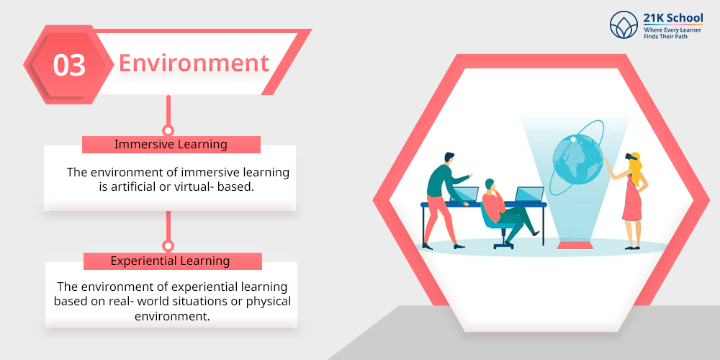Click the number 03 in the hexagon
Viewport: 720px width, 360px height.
pyautogui.click(x=69, y=66)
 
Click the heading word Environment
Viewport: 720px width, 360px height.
pyautogui.click(x=194, y=63)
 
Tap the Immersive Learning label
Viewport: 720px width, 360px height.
pyautogui.click(x=171, y=144)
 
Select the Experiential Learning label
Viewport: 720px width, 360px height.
pyautogui.click(x=171, y=261)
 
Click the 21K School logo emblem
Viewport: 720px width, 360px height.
pyautogui.click(x=624, y=24)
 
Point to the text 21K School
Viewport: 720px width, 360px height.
pyautogui.click(x=672, y=19)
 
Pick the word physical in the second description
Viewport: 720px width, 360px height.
pyautogui.click(x=269, y=302)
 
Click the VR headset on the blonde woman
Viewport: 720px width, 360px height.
pyautogui.click(x=631, y=156)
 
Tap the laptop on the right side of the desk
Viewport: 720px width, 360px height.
pyautogui.click(x=529, y=194)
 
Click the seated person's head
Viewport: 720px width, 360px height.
pyautogui.click(x=490, y=184)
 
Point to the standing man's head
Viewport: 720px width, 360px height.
pyautogui.click(x=449, y=158)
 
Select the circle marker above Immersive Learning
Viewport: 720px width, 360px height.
pyautogui.click(x=168, y=130)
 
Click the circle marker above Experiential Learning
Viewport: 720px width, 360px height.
pyautogui.click(x=168, y=246)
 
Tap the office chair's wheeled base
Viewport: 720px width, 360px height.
pyautogui.click(x=504, y=244)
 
